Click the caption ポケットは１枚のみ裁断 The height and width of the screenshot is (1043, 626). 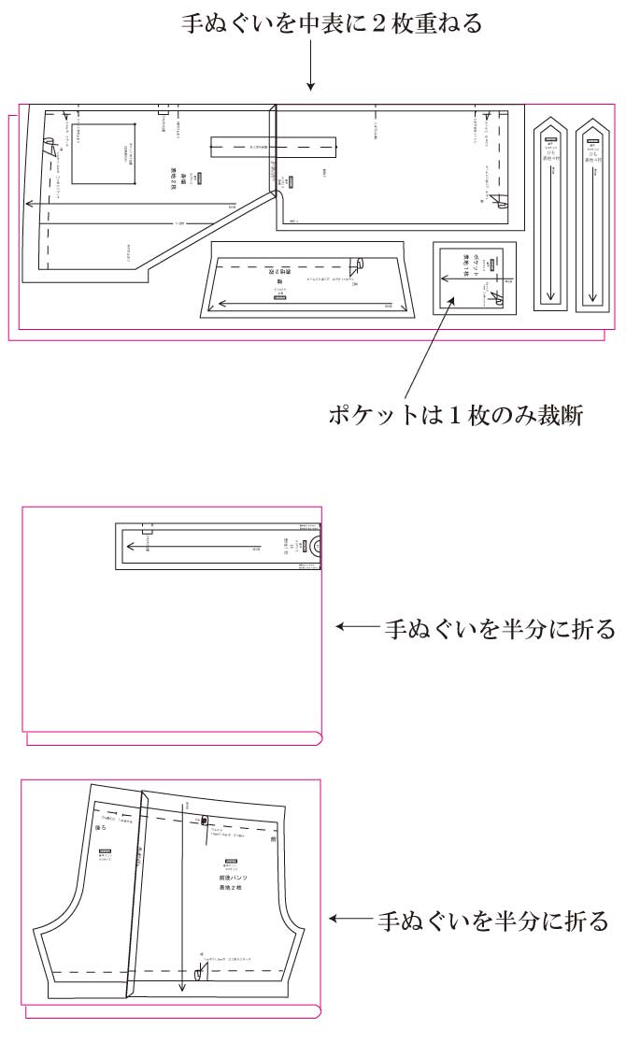(455, 414)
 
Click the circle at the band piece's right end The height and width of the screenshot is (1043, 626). (316, 545)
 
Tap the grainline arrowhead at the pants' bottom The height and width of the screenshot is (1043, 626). (180, 989)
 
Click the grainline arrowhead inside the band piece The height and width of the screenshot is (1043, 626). (129, 546)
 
